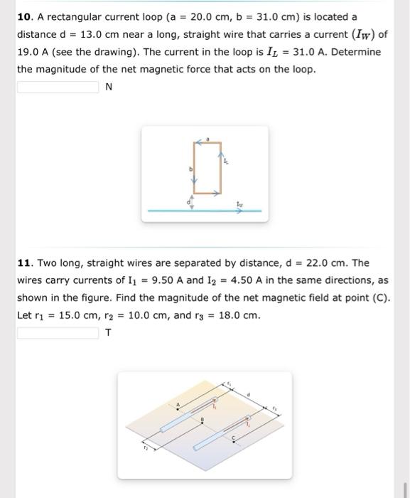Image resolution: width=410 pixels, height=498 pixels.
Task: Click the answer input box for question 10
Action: (x=58, y=88)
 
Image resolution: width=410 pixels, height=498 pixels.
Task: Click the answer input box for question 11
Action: (x=58, y=333)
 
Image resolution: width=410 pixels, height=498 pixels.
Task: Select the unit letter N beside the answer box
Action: (x=109, y=88)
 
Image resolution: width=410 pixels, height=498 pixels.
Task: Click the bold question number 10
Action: (x=26, y=16)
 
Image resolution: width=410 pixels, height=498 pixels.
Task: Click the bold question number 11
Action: (x=25, y=263)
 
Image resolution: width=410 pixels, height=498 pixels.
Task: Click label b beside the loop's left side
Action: (x=190, y=169)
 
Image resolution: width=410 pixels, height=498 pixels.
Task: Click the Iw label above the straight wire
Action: (x=241, y=203)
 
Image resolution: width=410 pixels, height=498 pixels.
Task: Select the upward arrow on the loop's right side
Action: (x=222, y=154)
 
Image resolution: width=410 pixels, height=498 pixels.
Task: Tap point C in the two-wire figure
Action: (x=234, y=438)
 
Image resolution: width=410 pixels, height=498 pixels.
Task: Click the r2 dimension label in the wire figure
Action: (x=145, y=448)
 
